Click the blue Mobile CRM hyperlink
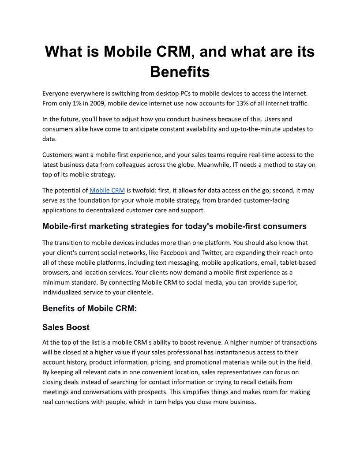click(x=107, y=191)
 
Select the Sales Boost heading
click(x=66, y=327)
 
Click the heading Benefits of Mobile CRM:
click(x=90, y=308)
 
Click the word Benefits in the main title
click(x=180, y=71)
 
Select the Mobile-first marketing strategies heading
click(x=174, y=226)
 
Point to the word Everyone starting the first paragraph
click(x=57, y=94)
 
